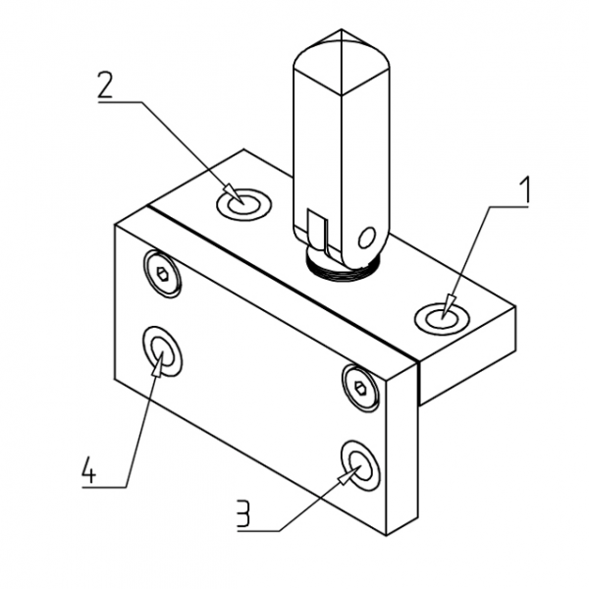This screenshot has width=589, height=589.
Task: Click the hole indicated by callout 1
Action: (x=438, y=317)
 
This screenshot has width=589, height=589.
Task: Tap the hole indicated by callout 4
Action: (x=162, y=350)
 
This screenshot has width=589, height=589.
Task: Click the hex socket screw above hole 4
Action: (x=161, y=275)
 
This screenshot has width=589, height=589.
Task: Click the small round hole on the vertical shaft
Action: (x=367, y=237)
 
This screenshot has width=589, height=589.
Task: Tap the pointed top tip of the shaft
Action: (x=343, y=33)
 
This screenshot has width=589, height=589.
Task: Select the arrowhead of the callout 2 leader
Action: (x=233, y=193)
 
